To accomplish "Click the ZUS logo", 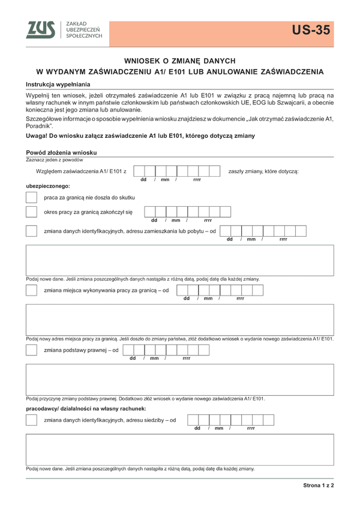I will [41, 30].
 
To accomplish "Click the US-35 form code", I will [311, 31].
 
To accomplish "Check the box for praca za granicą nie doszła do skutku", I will [31, 197].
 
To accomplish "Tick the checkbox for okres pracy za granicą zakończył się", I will [31, 212].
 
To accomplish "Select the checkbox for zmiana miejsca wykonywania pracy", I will [31, 290].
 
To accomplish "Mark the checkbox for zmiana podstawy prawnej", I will [31, 350].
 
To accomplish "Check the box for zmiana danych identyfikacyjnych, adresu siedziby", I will [31, 420].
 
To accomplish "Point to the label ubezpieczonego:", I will [48, 186].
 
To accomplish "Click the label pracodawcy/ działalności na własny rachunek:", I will [86, 408].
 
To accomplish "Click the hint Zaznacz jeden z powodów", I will [55, 159].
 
